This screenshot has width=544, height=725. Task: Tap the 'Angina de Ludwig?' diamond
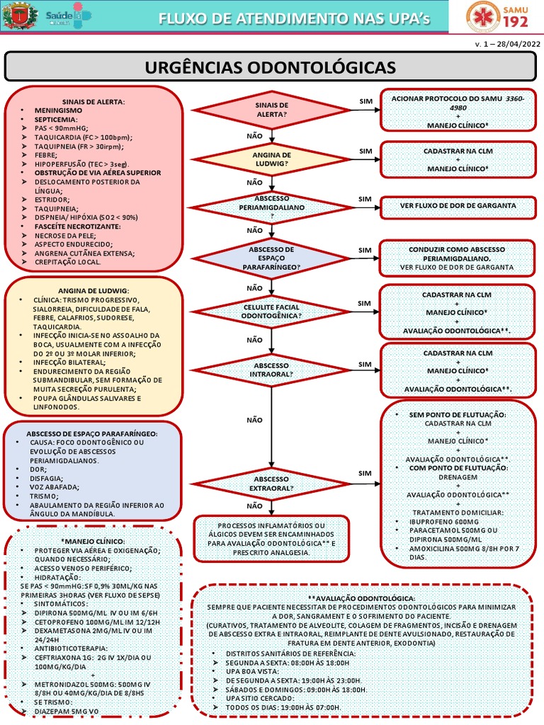click(271, 159)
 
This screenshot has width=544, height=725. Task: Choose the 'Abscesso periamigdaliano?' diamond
click(271, 206)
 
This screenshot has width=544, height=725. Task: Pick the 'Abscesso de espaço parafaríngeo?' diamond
click(271, 258)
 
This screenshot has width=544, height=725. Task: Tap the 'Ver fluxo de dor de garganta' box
click(457, 206)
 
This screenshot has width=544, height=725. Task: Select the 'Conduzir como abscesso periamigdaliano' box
click(457, 258)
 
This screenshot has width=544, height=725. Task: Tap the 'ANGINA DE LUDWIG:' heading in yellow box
click(93, 290)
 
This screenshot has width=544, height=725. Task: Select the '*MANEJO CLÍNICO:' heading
click(93, 541)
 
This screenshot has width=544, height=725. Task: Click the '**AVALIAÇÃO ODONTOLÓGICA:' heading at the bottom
click(362, 598)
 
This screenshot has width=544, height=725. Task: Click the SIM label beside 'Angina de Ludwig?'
click(365, 151)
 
